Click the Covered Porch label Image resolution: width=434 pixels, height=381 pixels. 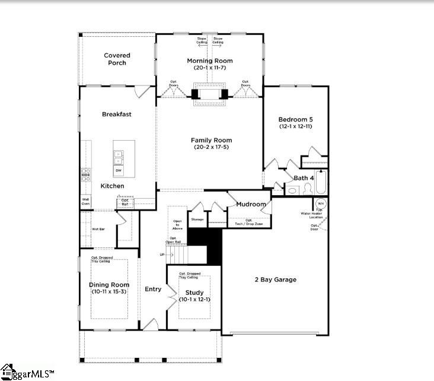coord(117,59)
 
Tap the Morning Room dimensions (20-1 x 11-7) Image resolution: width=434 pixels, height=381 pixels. coord(209,68)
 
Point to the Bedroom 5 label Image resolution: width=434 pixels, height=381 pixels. coord(295,119)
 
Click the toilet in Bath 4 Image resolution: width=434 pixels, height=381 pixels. coord(307,189)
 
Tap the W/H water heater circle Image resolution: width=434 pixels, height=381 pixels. coord(320,204)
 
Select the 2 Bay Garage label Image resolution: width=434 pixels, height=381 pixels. coord(275,280)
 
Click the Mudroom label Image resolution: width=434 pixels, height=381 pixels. coord(251,204)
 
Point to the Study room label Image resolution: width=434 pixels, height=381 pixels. coord(194,293)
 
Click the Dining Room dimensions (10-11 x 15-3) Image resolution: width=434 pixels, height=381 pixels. coord(109,292)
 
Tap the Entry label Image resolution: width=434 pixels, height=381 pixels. coord(153,289)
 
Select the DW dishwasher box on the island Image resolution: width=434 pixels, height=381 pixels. coord(119,171)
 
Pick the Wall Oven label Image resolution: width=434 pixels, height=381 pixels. coord(86,202)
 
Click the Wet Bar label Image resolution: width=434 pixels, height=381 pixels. coord(98,228)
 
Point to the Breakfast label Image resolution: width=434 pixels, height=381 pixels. coord(116,114)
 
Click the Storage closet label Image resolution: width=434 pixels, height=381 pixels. coord(197,220)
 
